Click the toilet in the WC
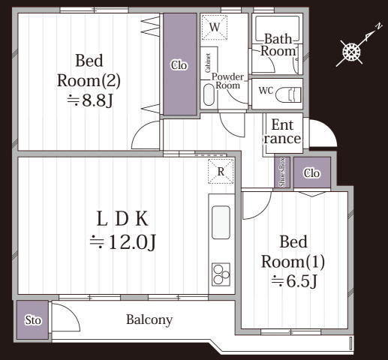(288, 94)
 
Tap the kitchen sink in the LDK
(221, 222)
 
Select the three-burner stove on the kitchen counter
(221, 274)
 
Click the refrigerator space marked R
(221, 172)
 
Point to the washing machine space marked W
(215, 27)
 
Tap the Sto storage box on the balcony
(33, 319)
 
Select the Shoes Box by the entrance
(282, 172)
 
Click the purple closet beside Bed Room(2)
(180, 64)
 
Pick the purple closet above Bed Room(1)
(312, 172)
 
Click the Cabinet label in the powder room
(208, 63)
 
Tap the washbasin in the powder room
(209, 95)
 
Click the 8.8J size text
(90, 100)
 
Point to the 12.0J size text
(123, 242)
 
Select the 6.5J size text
(294, 281)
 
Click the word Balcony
(149, 320)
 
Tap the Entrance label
(282, 132)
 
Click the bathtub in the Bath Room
(277, 29)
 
